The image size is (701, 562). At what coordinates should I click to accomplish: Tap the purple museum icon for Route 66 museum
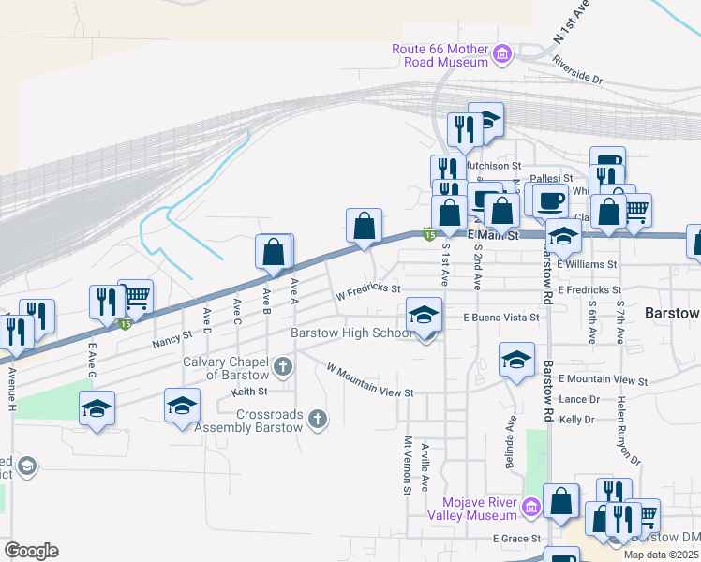pos(502,54)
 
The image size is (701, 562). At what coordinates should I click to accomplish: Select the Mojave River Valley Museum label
pos(472,509)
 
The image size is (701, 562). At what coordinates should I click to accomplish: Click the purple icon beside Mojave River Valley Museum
pos(531,508)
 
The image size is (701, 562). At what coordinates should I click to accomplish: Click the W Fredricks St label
pos(367,292)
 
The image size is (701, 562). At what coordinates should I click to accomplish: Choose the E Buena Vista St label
pos(502,318)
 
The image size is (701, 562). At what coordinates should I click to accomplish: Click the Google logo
pos(31,551)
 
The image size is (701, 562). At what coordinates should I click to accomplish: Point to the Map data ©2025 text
pos(660,555)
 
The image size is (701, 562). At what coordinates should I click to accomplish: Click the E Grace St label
pos(517,539)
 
